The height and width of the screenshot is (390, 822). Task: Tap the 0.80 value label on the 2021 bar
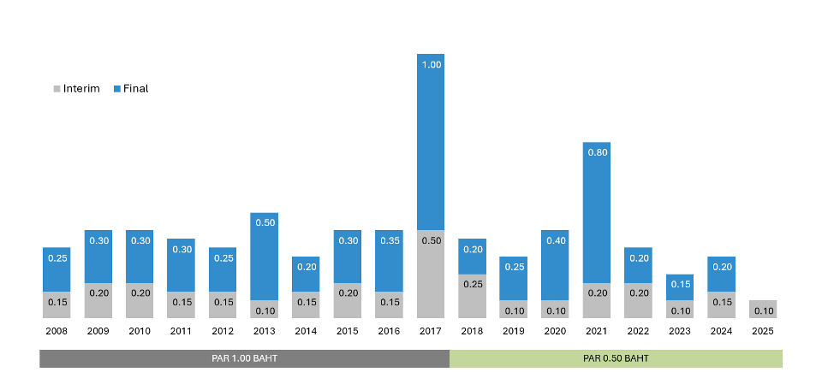[597, 152]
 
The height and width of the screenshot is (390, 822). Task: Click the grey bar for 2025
[763, 310]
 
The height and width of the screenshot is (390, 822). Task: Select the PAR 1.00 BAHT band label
[244, 358]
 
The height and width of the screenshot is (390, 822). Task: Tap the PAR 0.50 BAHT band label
[616, 358]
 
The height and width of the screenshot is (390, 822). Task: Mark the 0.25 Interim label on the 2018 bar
[472, 284]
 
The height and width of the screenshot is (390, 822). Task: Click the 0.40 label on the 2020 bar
[555, 240]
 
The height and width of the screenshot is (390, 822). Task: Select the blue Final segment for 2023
[680, 287]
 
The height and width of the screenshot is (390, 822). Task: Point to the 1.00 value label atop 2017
[431, 64]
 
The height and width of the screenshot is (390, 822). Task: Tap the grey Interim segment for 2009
[98, 301]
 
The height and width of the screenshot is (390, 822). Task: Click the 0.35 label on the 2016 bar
[389, 240]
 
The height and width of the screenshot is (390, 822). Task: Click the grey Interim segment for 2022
[638, 301]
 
